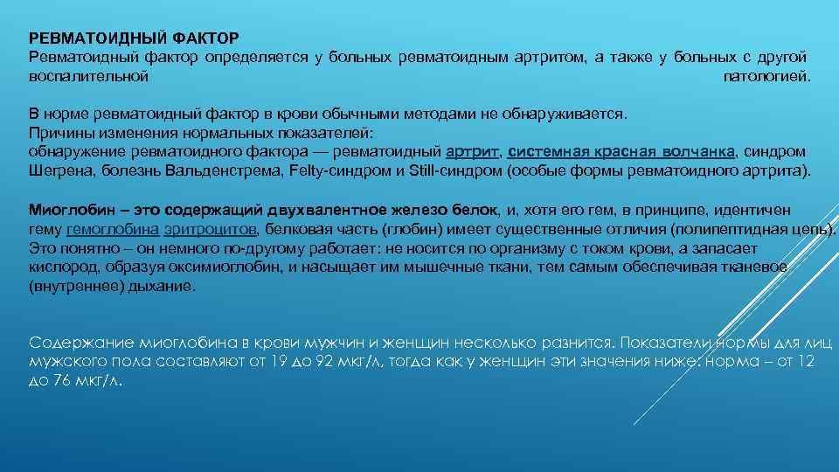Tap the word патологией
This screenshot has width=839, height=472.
[x=767, y=76]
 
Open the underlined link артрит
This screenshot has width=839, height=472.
[x=472, y=151]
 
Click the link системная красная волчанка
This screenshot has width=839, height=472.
[x=621, y=151]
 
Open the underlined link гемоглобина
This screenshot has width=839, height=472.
[x=113, y=229]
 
